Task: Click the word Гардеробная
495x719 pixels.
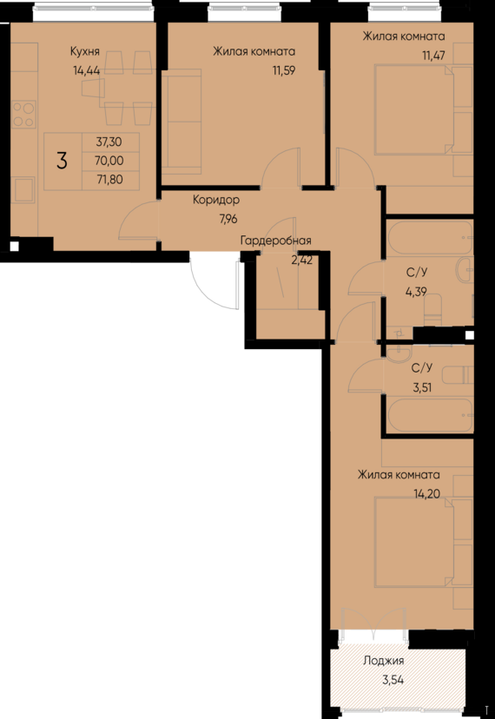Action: (275, 241)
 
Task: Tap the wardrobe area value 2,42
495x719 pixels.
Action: (301, 259)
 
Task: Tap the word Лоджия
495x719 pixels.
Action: (384, 660)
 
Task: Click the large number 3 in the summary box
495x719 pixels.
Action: (62, 161)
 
